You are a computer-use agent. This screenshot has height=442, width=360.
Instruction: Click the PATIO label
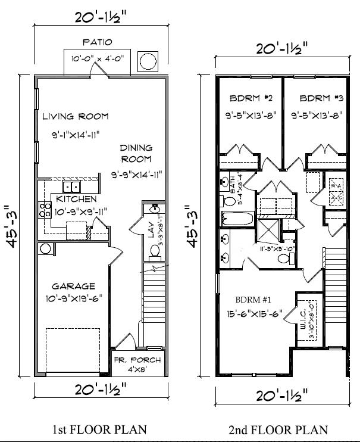[97, 42]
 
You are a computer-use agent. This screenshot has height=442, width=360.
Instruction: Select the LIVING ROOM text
[76, 116]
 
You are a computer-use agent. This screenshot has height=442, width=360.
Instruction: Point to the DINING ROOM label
[136, 153]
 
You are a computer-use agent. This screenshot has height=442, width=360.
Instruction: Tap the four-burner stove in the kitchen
[45, 209]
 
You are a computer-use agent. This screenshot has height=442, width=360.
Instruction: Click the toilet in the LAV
[154, 253]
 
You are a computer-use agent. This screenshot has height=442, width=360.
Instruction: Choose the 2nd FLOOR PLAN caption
[278, 429]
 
